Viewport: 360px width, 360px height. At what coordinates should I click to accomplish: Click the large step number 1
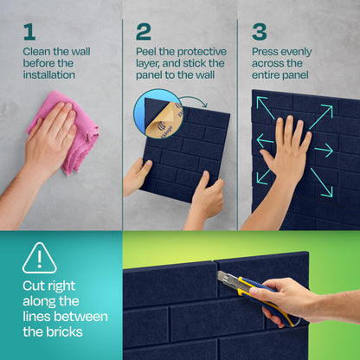pyautogui.click(x=29, y=31)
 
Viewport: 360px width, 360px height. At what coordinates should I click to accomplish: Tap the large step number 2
pyautogui.click(x=143, y=32)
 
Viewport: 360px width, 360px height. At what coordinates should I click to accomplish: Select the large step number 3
pyautogui.click(x=259, y=32)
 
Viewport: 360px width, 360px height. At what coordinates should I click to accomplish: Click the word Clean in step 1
pyautogui.click(x=37, y=51)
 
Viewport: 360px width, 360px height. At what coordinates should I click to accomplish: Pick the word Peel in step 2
pyautogui.click(x=147, y=51)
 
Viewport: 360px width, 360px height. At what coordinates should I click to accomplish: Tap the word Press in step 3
pyautogui.click(x=266, y=51)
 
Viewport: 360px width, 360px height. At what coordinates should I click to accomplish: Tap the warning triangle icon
pyautogui.click(x=39, y=257)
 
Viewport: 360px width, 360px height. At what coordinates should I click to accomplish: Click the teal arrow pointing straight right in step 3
pyautogui.click(x=324, y=151)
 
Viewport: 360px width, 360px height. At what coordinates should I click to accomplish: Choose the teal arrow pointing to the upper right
pyautogui.click(x=319, y=116)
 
